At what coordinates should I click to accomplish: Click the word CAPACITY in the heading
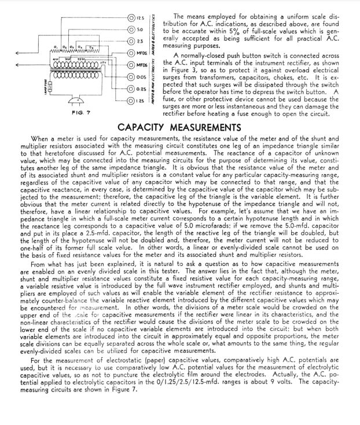144,127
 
